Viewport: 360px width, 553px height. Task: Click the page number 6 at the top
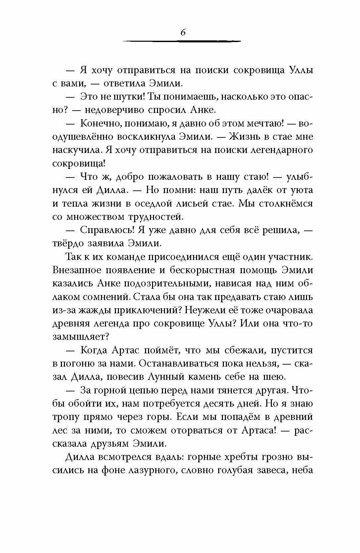tap(182, 32)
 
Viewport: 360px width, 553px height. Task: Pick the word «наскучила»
tap(77, 150)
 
